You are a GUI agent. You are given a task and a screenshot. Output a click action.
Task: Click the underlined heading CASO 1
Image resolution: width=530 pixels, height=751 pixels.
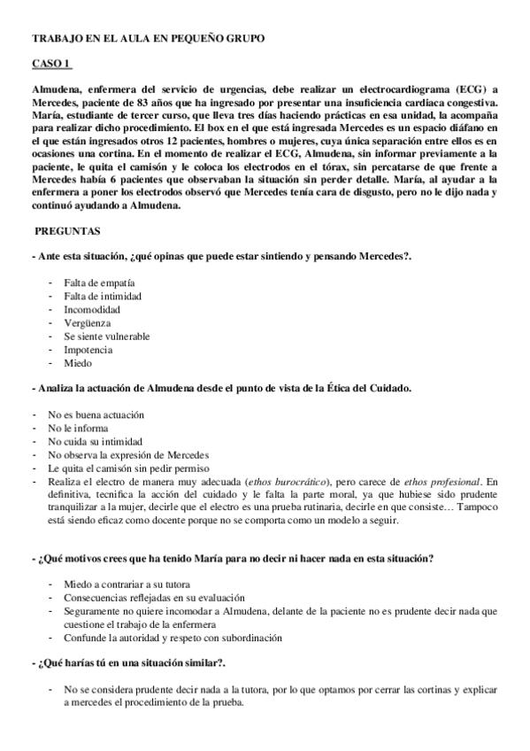pyautogui.click(x=51, y=65)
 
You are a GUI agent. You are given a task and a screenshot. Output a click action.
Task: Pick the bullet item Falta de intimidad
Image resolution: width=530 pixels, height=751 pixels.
pyautogui.click(x=102, y=296)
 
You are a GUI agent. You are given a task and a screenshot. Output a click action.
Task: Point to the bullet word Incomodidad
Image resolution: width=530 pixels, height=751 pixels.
pyautogui.click(x=92, y=309)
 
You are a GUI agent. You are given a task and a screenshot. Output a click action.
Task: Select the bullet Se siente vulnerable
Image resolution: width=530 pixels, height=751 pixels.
pyautogui.click(x=106, y=337)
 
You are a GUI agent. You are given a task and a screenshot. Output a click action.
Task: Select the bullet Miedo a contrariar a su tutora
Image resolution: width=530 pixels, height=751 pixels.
pyautogui.click(x=126, y=585)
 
